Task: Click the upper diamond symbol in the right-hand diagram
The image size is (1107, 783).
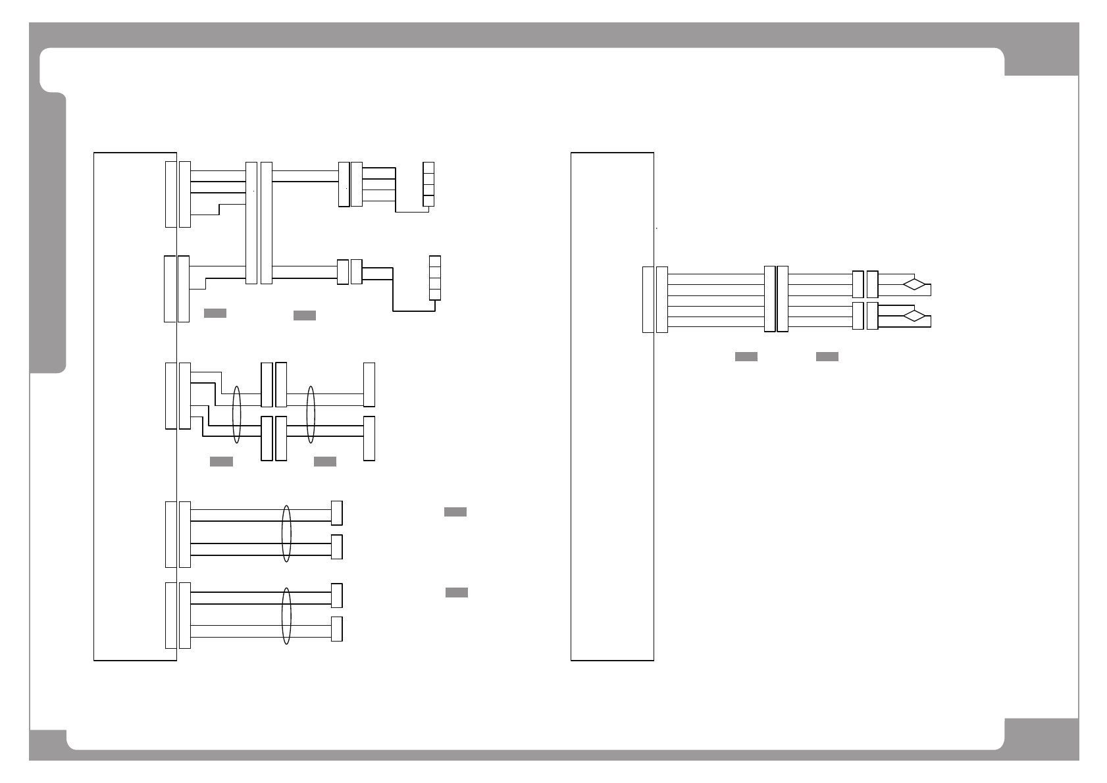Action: [x=914, y=285]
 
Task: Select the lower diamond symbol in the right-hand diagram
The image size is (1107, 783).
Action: [x=914, y=316]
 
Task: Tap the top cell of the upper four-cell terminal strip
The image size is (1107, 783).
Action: [x=428, y=168]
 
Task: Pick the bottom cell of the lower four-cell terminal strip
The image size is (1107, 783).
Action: [x=434, y=294]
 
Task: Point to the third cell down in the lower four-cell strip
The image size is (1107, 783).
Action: [x=434, y=283]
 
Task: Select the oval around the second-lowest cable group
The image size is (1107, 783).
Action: [x=286, y=534]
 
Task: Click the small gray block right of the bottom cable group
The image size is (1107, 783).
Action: [x=457, y=592]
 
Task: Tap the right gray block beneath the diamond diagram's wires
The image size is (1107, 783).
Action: [x=827, y=357]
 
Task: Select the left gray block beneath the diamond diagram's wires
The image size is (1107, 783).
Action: [x=746, y=357]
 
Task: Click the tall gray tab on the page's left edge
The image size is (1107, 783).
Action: [x=48, y=234]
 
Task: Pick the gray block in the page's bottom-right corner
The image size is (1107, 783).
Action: [x=1041, y=739]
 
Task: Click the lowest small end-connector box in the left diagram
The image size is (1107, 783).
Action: [x=336, y=629]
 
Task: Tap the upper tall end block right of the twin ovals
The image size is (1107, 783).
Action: [x=369, y=385]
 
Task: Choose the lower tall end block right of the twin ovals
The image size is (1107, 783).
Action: [x=369, y=438]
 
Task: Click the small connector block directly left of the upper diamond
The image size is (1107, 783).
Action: [x=872, y=284]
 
